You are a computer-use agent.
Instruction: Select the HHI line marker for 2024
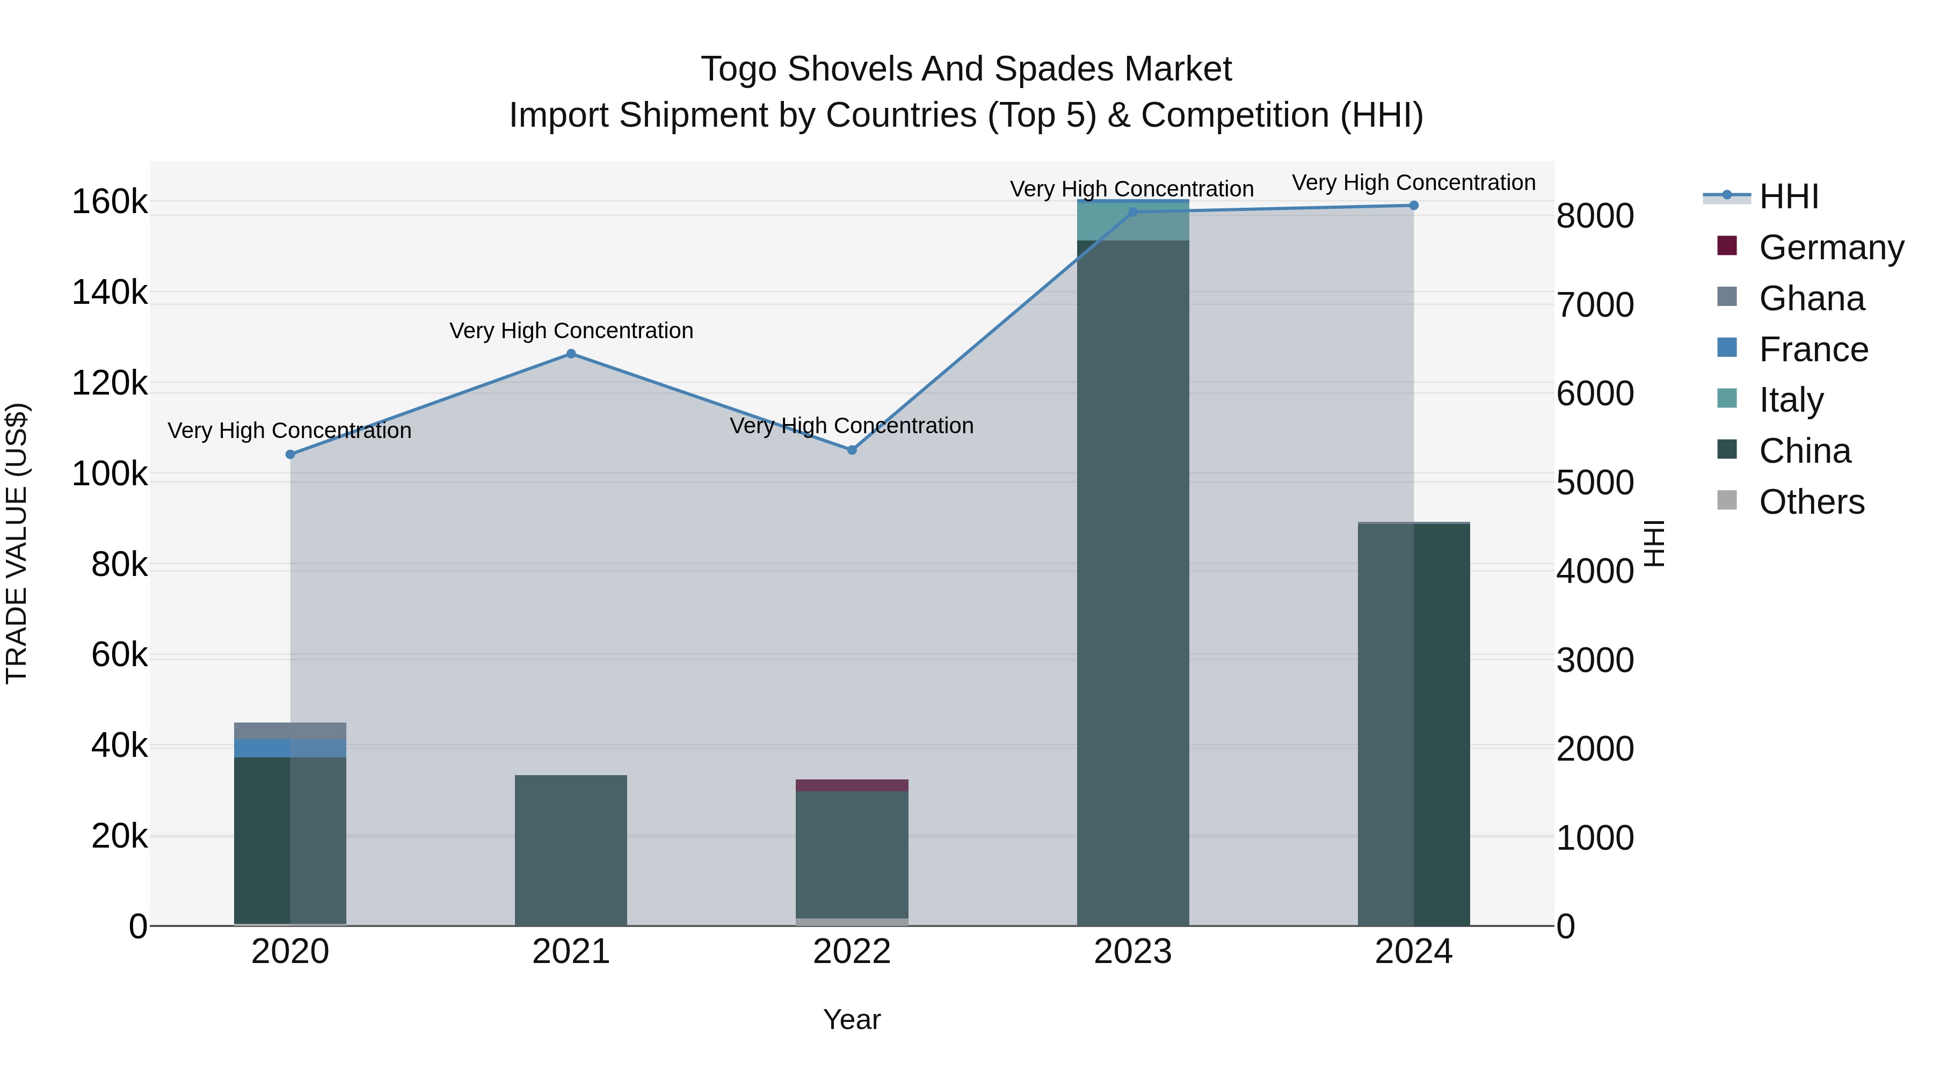point(1414,206)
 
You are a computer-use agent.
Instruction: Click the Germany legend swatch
point(1727,246)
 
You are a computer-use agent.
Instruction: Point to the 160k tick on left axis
point(110,202)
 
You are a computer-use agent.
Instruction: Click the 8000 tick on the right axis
point(1595,216)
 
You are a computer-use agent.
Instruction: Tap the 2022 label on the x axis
point(852,952)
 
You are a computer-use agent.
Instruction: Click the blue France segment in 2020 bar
point(290,748)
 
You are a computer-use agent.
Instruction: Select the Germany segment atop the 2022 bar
point(852,785)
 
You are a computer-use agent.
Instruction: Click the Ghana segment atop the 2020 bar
point(290,731)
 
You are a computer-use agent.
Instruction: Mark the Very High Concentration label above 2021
point(571,331)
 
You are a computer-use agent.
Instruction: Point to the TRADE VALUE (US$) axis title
point(17,543)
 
